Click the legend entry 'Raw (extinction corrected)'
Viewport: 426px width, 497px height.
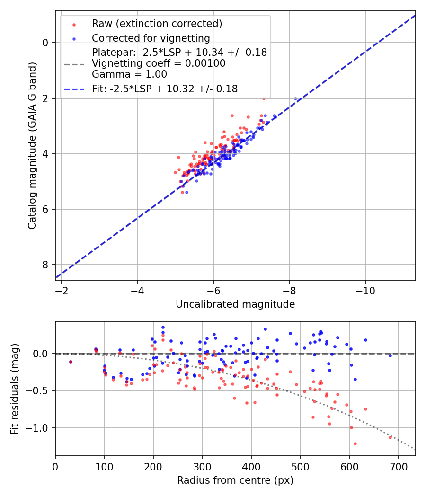point(157,24)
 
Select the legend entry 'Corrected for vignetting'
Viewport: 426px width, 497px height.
point(151,38)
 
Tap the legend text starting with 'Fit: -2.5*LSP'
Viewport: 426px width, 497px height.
point(165,89)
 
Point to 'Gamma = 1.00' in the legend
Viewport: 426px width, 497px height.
point(129,74)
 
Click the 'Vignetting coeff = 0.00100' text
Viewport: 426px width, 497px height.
point(159,63)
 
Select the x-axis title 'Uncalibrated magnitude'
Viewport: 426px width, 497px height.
point(235,304)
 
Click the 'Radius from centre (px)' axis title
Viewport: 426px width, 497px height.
point(235,480)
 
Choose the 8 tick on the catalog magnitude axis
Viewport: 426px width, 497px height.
point(45,265)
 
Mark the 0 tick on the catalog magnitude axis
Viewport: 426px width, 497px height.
point(45,43)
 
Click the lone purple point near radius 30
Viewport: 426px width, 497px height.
point(71,362)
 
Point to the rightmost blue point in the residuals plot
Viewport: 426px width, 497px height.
point(390,355)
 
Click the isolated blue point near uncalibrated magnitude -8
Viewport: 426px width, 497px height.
point(296,98)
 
